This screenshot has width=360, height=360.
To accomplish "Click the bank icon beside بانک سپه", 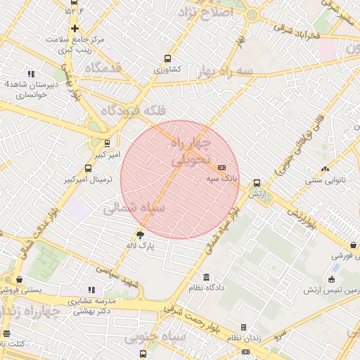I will (222, 167).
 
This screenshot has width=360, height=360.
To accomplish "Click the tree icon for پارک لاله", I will (141, 235).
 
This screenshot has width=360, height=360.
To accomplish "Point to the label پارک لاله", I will (140, 247).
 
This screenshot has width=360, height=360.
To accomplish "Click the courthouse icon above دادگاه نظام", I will (206, 277).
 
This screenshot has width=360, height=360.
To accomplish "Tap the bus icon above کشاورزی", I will (167, 58).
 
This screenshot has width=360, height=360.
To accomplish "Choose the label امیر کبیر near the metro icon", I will (108, 153).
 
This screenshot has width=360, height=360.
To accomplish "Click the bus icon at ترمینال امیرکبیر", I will (88, 168).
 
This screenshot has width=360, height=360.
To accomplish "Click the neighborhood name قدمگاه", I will (103, 68).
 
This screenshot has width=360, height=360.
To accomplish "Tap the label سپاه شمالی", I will (134, 208).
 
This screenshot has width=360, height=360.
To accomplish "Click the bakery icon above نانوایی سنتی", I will (324, 168).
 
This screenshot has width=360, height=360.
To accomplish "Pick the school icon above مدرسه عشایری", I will (91, 289).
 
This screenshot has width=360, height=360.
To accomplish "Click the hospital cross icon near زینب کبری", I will (75, 28).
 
